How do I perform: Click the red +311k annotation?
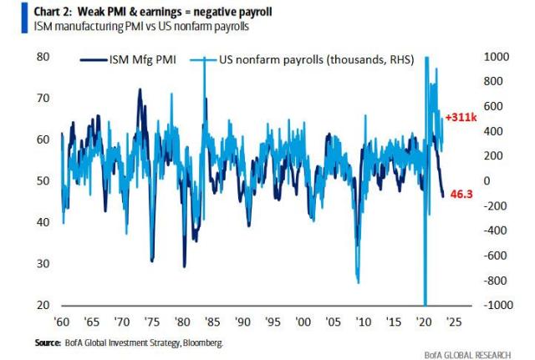point(462,117)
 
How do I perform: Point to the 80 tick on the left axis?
point(42,57)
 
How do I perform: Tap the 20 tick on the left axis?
point(42,305)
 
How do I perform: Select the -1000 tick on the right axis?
point(495,305)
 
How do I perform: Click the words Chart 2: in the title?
point(59,10)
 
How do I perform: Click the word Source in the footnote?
point(48,342)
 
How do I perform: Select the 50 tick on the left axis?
point(42,181)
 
